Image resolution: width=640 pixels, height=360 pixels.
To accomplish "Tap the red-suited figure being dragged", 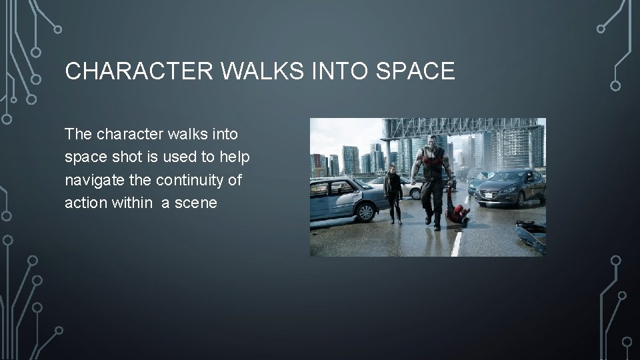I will pyautogui.click(x=457, y=212).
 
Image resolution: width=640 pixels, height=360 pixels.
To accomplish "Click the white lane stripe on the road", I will pyautogui.click(x=456, y=245).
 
